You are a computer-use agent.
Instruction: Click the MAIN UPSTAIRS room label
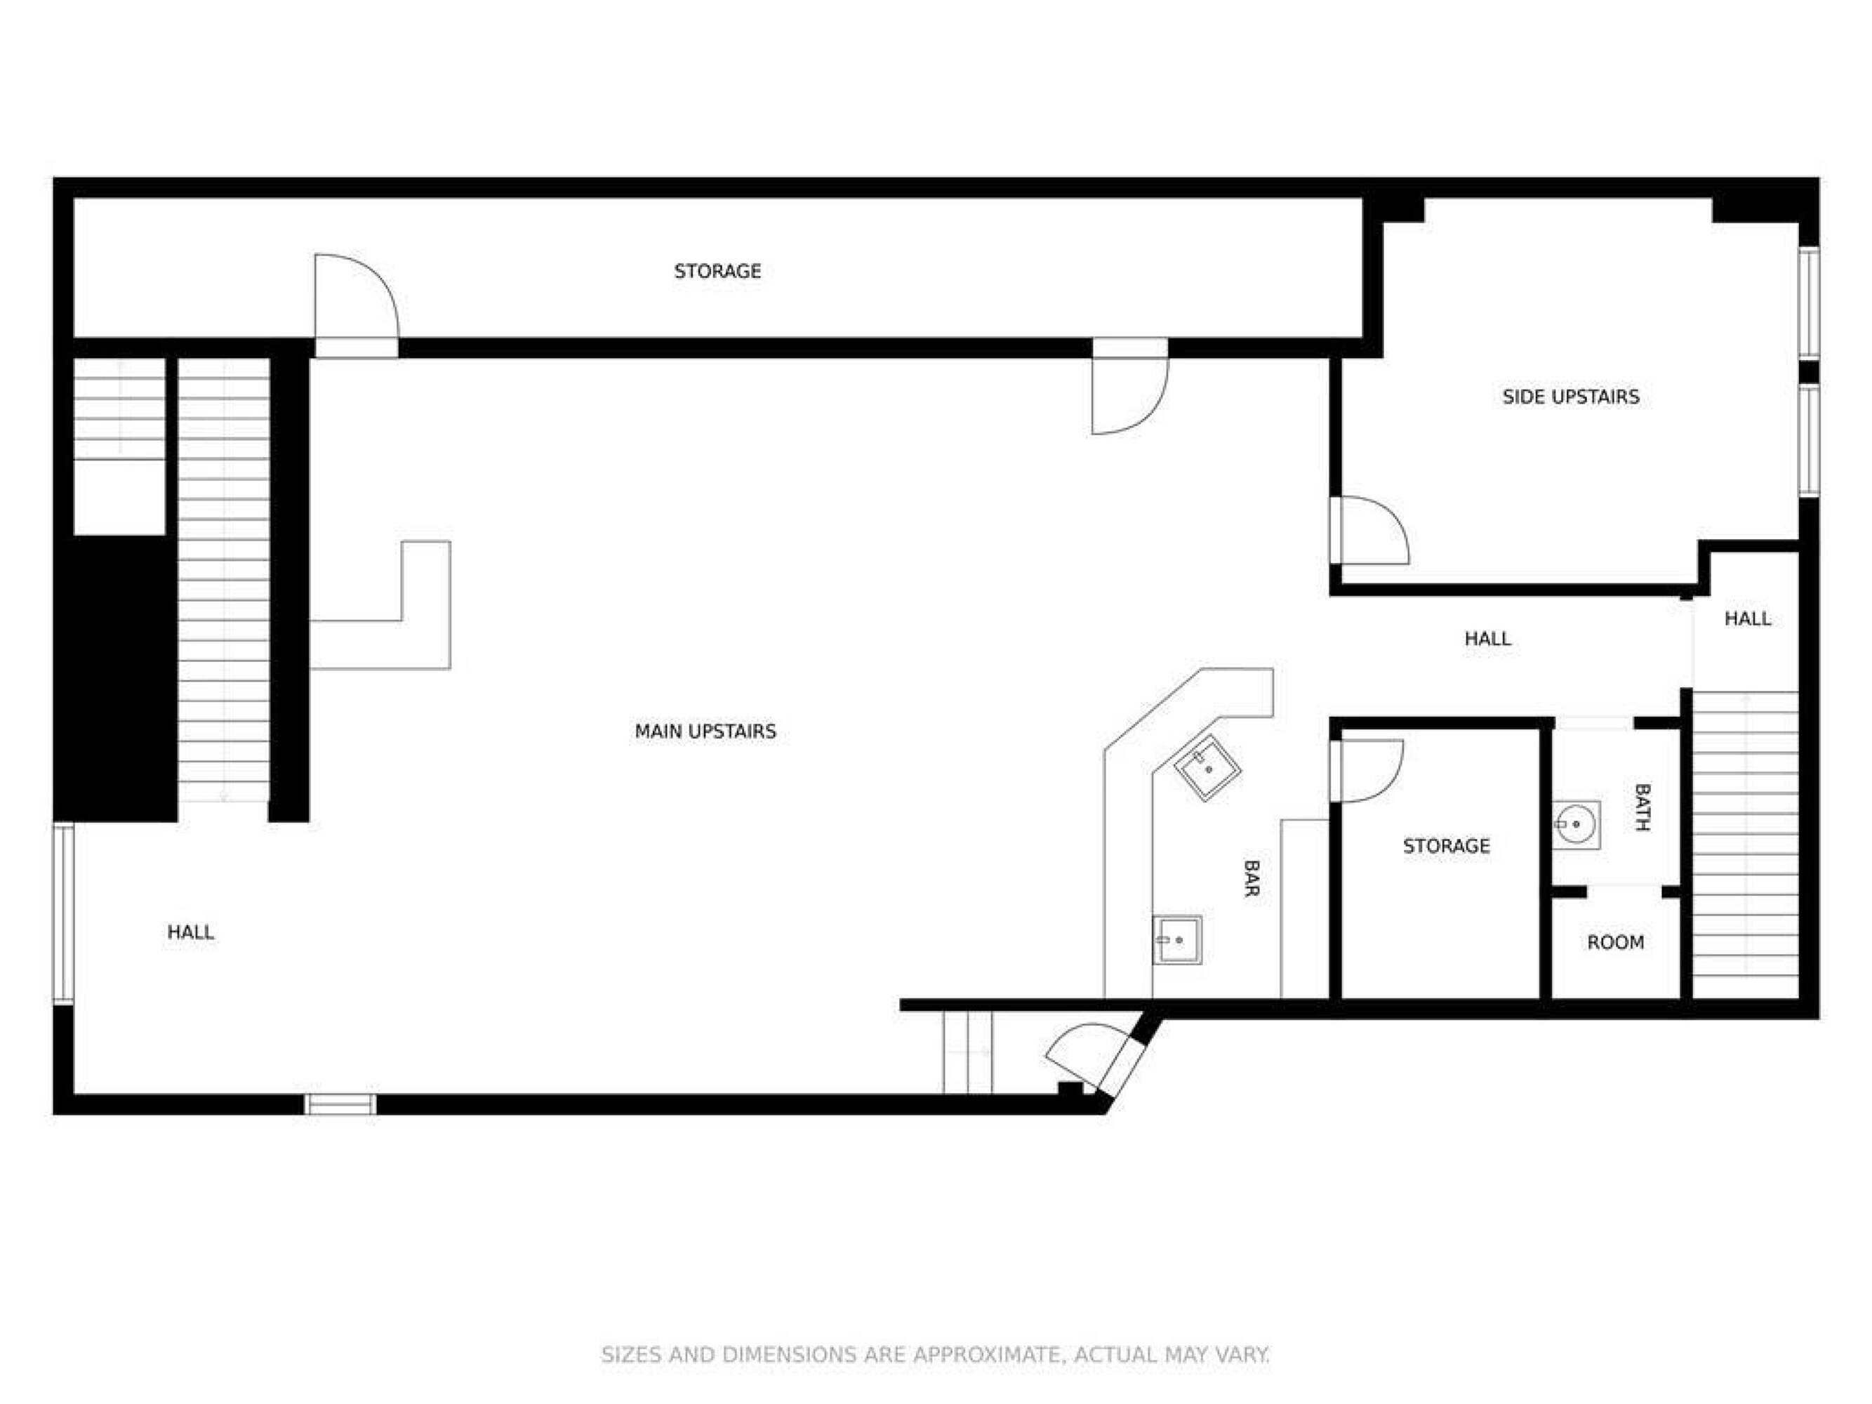[705, 731]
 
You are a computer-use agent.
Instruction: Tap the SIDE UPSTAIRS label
[1571, 397]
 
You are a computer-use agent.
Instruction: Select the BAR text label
[1252, 877]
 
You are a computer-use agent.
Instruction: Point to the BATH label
[1642, 807]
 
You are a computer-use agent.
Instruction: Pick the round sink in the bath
[1576, 824]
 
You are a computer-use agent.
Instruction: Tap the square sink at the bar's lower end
[1177, 940]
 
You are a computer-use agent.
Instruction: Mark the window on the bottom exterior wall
[340, 1104]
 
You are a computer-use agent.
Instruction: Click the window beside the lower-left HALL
[63, 913]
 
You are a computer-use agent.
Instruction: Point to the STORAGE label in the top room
[717, 272]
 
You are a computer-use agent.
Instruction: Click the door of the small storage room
[1367, 771]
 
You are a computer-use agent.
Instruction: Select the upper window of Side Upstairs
[1809, 302]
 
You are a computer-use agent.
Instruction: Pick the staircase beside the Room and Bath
[1745, 845]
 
